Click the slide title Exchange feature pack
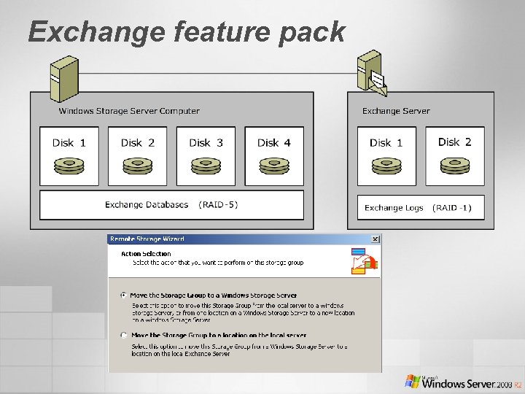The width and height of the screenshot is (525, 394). [x=186, y=32]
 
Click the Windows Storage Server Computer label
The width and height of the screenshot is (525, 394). [x=129, y=111]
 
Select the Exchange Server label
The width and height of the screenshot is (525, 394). [x=396, y=111]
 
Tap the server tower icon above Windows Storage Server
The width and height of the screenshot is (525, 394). [x=63, y=77]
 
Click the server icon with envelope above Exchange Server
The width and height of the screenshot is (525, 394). [x=371, y=72]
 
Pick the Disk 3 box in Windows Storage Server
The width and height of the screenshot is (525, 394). [x=206, y=156]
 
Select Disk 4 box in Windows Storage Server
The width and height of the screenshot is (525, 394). [x=274, y=156]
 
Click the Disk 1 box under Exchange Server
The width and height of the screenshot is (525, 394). [x=386, y=156]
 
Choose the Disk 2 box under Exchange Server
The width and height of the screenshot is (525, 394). [x=455, y=156]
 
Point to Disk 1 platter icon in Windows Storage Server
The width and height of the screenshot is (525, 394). [x=69, y=166]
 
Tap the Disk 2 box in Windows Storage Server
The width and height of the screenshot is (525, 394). [x=138, y=156]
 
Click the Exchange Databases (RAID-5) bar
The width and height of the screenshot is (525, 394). [x=171, y=205]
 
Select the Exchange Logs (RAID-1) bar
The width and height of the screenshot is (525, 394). [x=419, y=208]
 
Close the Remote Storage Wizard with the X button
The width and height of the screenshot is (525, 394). [x=375, y=239]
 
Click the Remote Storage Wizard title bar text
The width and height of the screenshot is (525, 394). [x=147, y=239]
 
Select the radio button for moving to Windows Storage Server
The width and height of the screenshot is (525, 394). [x=123, y=295]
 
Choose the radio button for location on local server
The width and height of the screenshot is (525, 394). [x=123, y=336]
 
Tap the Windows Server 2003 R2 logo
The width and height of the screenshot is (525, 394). [x=463, y=382]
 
